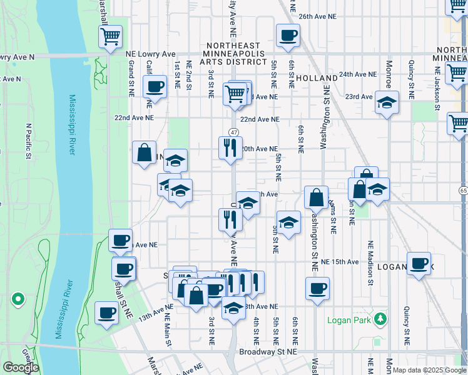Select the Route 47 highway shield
pos(233,132)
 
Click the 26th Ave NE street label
pos(323,17)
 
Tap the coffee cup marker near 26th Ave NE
pos(288,36)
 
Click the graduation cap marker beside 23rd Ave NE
pos(387,101)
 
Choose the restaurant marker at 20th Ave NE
pos(230,147)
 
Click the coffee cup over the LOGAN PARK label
pos(419,262)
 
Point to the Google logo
pos(20,367)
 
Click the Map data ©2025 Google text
pos(430,370)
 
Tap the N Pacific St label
pos(28,140)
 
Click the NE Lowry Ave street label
pos(150,54)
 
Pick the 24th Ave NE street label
pos(358,74)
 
